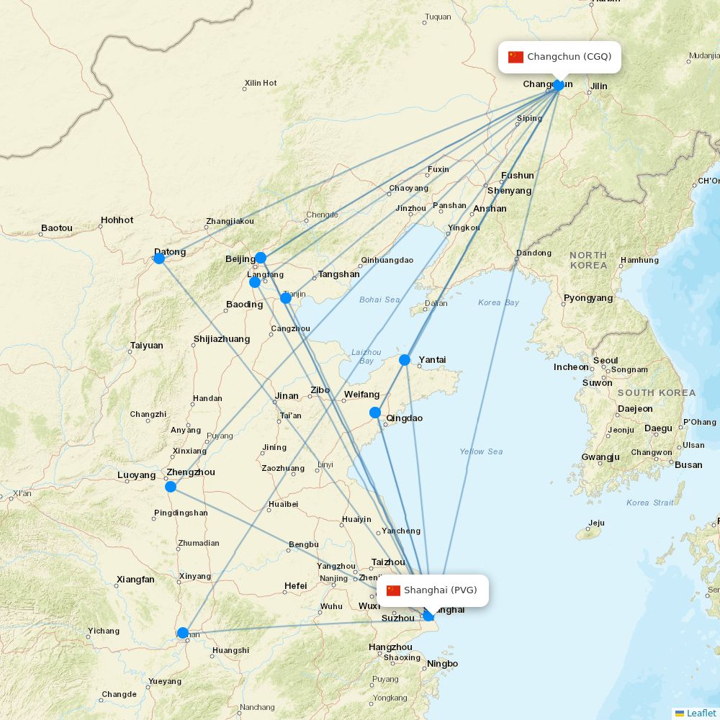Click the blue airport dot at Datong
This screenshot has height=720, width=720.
159,258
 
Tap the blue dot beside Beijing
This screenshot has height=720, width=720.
261,257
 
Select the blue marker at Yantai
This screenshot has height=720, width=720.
405,359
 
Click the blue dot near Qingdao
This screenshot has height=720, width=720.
375,413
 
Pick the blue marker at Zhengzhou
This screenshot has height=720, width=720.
171,487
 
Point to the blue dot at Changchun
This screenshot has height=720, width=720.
558,85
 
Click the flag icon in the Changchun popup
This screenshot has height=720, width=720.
516,57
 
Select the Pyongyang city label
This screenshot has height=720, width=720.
588,298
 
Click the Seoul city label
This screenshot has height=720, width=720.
606,361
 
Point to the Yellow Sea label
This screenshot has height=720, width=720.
481,451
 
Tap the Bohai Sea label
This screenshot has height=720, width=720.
379,300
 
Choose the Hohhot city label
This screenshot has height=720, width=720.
117,220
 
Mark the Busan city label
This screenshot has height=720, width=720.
688,464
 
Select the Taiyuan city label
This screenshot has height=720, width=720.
147,346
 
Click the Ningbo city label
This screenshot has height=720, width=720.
442,664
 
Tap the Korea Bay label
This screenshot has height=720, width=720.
498,302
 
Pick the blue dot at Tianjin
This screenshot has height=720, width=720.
286,297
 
